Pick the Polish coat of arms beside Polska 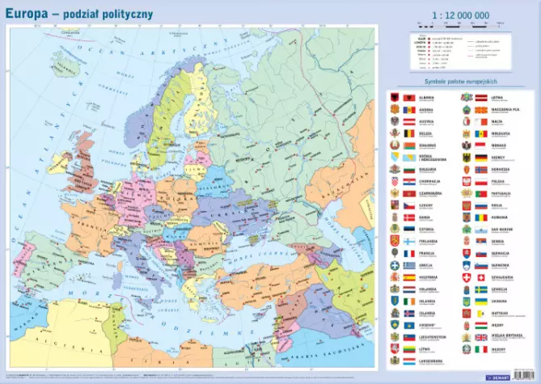(466, 182)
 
